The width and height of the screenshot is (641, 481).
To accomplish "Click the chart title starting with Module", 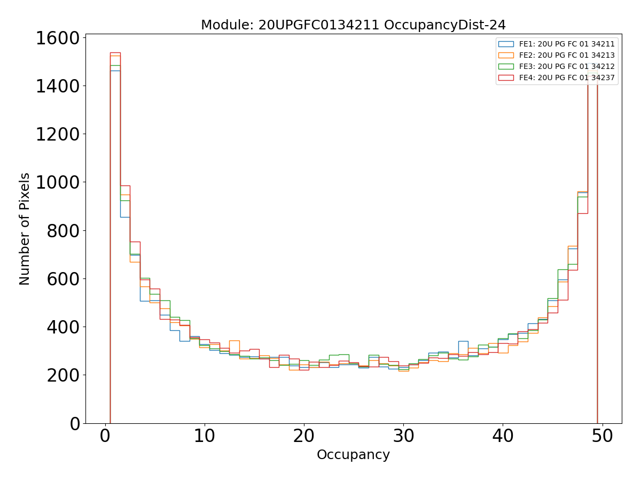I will (353, 25).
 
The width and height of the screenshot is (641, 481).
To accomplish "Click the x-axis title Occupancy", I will (353, 455).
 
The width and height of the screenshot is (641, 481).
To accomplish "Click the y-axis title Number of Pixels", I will (25, 229).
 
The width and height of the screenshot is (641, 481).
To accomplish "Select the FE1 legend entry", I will (567, 44).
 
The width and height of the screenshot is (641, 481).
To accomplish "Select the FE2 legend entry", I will (567, 55).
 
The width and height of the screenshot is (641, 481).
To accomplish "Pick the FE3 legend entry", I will (567, 66).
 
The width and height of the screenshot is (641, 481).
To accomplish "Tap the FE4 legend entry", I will (567, 77).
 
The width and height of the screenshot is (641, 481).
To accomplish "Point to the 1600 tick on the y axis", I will (57, 38).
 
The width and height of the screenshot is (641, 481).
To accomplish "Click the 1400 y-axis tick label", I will (57, 86).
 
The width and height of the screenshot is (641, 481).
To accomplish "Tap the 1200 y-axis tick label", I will (57, 134).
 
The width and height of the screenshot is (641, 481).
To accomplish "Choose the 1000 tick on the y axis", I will (57, 182).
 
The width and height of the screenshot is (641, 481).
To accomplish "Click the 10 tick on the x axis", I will (204, 436).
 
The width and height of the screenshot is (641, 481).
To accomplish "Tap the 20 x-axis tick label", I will (304, 436).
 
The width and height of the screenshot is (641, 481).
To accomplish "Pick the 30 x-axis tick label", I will (403, 436).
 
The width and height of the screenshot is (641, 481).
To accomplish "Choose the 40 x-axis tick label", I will (503, 436).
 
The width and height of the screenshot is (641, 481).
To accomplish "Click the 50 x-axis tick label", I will (602, 436).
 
